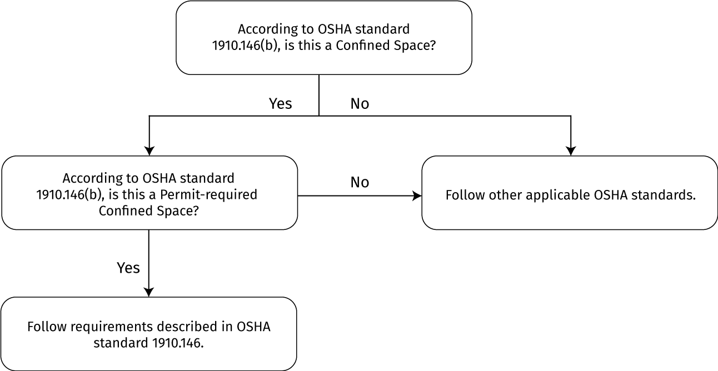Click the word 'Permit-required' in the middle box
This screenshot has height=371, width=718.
[208, 195]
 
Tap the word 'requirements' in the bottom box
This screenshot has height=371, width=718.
[112, 327]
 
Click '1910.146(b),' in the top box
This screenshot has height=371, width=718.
[246, 46]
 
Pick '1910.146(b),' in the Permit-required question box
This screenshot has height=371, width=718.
[70, 195]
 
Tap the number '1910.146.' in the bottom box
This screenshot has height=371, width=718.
[178, 343]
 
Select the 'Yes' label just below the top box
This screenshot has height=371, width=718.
[281, 103]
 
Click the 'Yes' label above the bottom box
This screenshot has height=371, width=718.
[128, 268]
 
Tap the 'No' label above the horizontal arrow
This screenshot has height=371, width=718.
[360, 182]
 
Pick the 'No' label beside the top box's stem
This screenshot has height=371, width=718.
[360, 104]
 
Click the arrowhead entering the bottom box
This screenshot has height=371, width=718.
[149, 292]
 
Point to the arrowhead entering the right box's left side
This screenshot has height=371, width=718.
[417, 195]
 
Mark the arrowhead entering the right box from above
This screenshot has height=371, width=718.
[571, 151]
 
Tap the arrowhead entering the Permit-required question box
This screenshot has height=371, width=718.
[149, 151]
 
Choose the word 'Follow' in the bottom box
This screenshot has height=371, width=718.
[47, 327]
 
